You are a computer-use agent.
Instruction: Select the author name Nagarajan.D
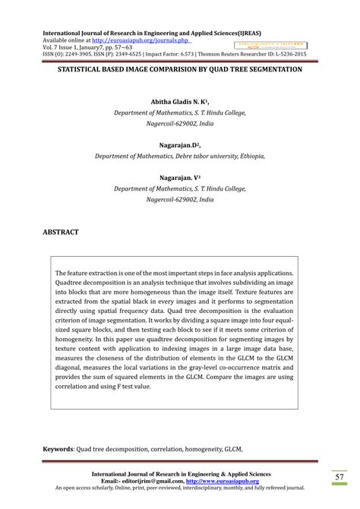click(178, 144)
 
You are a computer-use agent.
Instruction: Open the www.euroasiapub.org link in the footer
click(226, 481)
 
